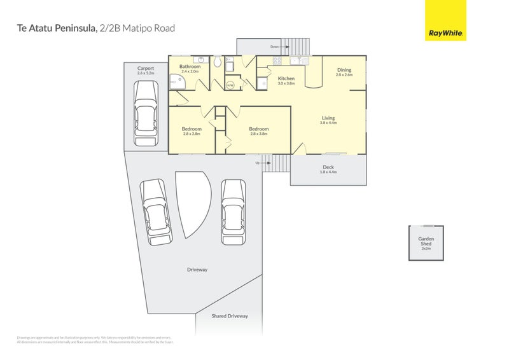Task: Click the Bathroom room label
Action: [190, 67]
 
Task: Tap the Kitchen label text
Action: [286, 78]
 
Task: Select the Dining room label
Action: [344, 70]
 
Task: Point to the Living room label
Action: [328, 118]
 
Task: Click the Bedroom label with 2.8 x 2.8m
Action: [192, 129]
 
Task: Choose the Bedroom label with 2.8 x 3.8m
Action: [259, 129]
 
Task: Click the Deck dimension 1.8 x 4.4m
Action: [328, 172]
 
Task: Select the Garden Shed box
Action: [426, 243]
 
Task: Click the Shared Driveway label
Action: [230, 316]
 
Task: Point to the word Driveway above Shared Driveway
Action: [197, 270]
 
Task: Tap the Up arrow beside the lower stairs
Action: [257, 163]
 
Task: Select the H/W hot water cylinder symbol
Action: [230, 84]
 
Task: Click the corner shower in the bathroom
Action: [174, 80]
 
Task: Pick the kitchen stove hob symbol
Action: [277, 61]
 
